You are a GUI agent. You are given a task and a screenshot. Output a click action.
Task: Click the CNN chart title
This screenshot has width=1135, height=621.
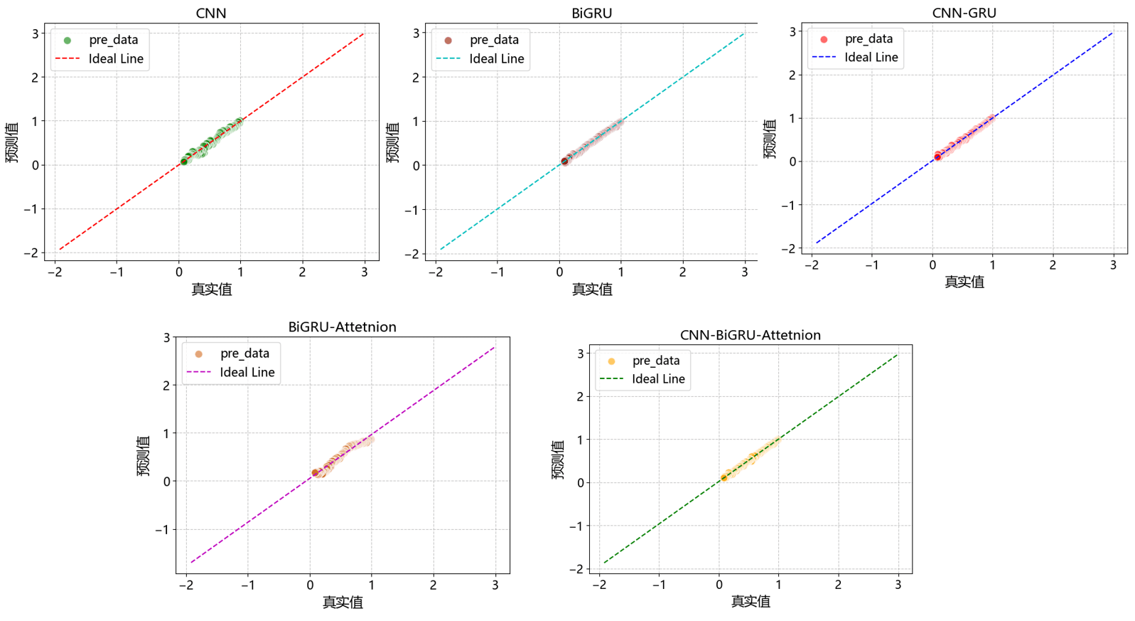point(211,13)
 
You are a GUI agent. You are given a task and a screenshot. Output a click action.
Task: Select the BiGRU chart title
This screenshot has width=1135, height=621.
point(591,13)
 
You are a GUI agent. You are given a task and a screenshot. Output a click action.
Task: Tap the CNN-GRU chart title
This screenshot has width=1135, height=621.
point(964,13)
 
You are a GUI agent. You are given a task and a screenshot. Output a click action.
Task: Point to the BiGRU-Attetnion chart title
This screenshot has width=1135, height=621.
point(342,327)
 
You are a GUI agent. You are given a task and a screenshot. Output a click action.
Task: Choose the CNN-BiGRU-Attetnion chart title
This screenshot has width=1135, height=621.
point(750,335)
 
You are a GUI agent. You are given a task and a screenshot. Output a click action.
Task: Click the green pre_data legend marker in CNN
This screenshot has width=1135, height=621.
point(68,40)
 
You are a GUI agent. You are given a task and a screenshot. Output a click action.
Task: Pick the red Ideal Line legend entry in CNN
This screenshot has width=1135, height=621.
point(99,59)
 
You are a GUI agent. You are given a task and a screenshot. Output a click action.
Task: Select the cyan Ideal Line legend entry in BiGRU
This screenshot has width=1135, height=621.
point(480,59)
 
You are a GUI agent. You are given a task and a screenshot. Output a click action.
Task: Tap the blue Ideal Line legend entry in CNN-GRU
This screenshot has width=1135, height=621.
point(854,58)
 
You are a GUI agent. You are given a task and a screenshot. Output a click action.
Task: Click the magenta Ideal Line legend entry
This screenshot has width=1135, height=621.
point(230,372)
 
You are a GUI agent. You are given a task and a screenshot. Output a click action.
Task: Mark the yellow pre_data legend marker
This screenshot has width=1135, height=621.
point(611,361)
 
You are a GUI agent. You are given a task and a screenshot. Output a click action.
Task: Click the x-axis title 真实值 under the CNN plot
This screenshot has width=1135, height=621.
point(211,289)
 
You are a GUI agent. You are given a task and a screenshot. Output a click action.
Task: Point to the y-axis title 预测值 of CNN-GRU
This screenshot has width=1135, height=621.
point(770,139)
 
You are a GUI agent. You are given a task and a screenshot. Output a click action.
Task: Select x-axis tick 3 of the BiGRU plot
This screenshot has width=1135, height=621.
point(744,271)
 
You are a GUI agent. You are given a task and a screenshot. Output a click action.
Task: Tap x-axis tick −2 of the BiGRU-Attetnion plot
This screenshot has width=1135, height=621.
point(186,585)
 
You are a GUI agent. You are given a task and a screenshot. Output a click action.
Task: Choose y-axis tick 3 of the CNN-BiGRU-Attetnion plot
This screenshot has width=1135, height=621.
point(581,354)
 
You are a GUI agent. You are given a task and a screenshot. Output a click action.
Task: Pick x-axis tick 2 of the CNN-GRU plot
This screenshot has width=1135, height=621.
point(1053,265)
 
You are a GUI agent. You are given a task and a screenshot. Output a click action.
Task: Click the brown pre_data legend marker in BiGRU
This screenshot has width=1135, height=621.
point(448,40)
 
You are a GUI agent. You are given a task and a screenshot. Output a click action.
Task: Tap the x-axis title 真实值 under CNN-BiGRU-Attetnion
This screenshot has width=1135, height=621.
point(750,601)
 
